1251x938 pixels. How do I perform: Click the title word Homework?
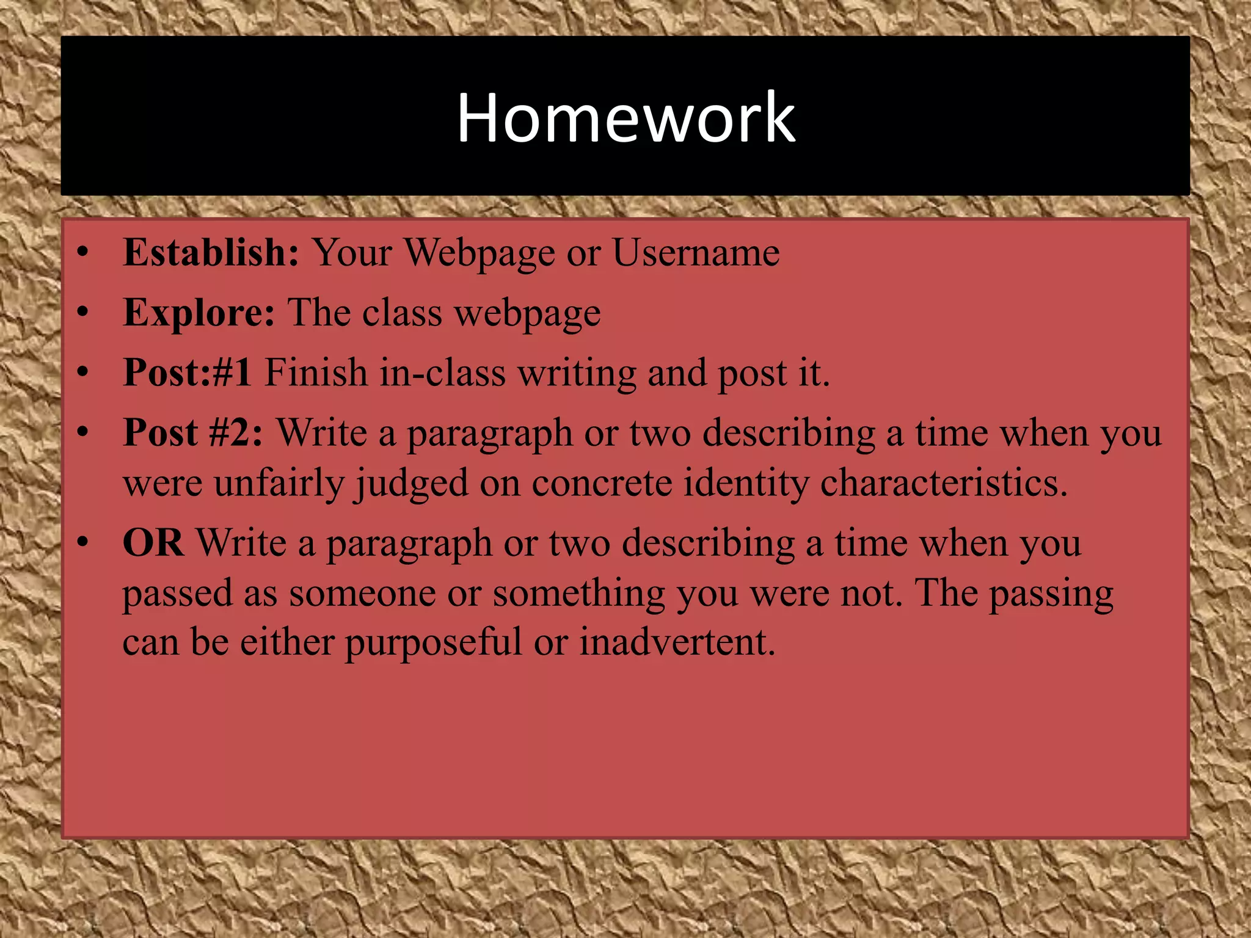coord(626,117)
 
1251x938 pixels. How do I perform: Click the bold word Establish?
coord(211,252)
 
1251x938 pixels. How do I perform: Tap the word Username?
coord(696,252)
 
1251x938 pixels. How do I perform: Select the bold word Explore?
coord(199,313)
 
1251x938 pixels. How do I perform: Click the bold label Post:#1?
coord(187,373)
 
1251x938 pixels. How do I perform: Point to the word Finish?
coord(315,373)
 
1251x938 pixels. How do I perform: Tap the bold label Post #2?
coord(193,432)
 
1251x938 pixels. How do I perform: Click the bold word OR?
coord(153,542)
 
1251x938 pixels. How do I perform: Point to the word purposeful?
coord(434,642)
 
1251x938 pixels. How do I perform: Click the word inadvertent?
coord(677,642)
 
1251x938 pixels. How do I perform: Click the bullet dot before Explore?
coord(83,313)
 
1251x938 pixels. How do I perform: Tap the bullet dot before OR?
coord(83,542)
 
